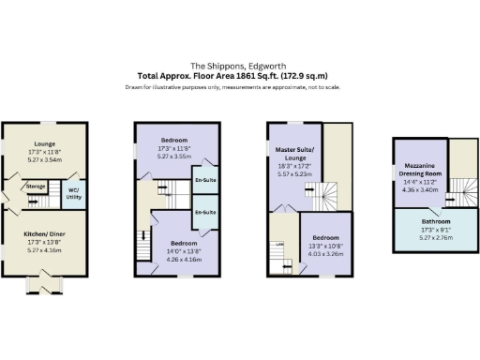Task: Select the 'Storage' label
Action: tap(37, 187)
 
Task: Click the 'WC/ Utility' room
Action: tap(73, 192)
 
